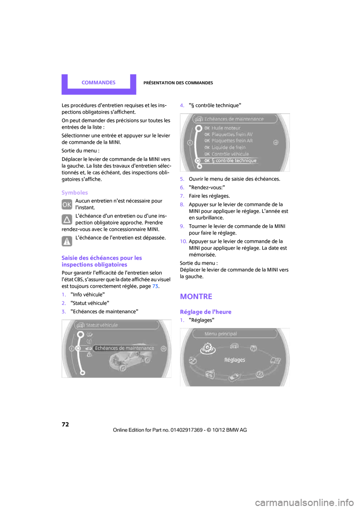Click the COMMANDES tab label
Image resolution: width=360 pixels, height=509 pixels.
[98, 82]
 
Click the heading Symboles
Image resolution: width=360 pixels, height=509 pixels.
[75, 193]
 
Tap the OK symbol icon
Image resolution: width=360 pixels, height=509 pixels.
[67, 205]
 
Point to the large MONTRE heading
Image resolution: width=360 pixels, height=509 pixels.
[196, 296]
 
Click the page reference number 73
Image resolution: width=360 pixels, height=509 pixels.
[155, 286]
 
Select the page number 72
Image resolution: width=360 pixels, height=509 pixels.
[65, 424]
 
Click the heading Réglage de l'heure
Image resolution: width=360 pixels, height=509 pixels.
[205, 312]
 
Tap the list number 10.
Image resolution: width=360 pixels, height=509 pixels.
[183, 241]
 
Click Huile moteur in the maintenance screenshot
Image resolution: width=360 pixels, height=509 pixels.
[226, 128]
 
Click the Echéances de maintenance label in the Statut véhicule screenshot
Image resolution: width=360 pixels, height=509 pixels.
[124, 348]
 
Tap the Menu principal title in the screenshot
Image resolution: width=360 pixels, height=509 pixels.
[220, 334]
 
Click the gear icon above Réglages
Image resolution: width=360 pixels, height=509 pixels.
[208, 349]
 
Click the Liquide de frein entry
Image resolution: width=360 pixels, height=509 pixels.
[228, 147]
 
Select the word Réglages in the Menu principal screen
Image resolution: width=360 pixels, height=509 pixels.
[235, 360]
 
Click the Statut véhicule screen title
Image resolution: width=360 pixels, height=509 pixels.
[102, 325]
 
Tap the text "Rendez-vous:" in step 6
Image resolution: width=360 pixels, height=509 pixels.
[207, 187]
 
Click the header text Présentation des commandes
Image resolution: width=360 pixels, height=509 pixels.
[178, 83]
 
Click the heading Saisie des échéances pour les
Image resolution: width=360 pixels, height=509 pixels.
[102, 258]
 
